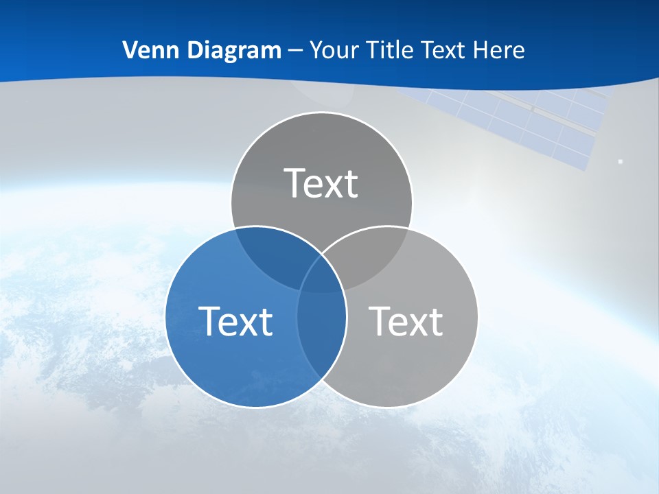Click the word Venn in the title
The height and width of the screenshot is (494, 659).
(x=147, y=50)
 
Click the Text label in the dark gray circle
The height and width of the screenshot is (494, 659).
(x=321, y=183)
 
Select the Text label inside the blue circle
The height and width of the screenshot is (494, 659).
(x=235, y=321)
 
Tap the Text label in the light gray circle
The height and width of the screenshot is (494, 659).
(x=406, y=321)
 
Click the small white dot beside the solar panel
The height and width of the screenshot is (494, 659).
(x=621, y=161)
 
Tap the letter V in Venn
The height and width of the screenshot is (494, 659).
(x=130, y=50)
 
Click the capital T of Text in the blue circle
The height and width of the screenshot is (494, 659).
(x=208, y=321)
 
